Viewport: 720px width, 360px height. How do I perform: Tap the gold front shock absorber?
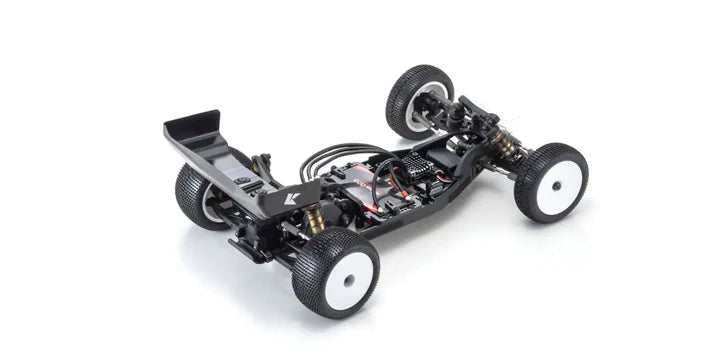tap(508, 147)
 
